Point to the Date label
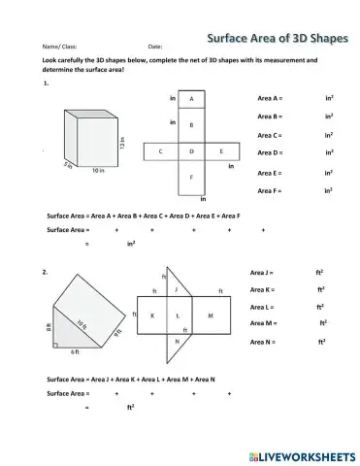pos(154,47)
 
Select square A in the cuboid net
pos(191,100)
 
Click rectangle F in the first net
pos(191,178)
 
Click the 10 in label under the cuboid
pos(98,171)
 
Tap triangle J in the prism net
pos(177,289)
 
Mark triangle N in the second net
pos(176,343)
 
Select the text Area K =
pos(262,289)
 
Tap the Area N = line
pos(263,343)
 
